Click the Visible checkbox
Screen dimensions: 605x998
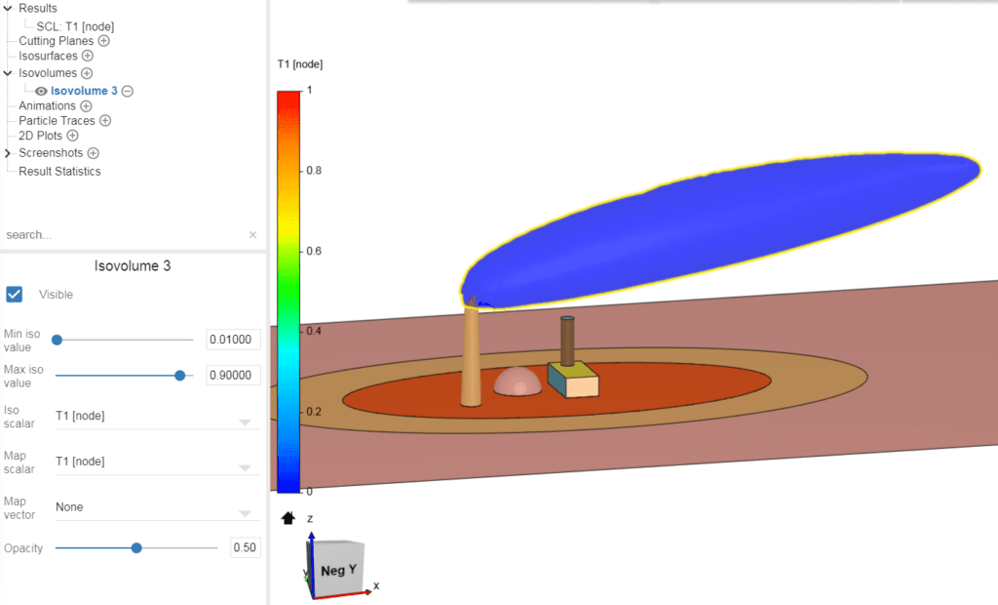click(x=15, y=294)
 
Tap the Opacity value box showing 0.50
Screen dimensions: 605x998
click(x=245, y=548)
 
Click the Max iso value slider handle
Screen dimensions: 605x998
click(x=180, y=375)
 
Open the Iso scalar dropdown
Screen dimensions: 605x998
click(x=156, y=416)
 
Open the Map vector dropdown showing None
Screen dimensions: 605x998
click(x=156, y=507)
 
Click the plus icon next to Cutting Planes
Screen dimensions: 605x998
click(x=104, y=41)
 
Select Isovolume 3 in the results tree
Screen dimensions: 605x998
click(x=84, y=91)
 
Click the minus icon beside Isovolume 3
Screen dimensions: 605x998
click(x=128, y=91)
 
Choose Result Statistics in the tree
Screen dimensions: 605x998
click(x=59, y=172)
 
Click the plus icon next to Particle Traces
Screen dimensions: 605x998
click(x=105, y=121)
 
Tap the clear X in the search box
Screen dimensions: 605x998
click(x=252, y=235)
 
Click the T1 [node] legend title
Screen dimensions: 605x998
click(x=300, y=64)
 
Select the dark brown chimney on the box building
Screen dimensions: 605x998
click(x=567, y=340)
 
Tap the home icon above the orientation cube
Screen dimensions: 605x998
click(x=288, y=518)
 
